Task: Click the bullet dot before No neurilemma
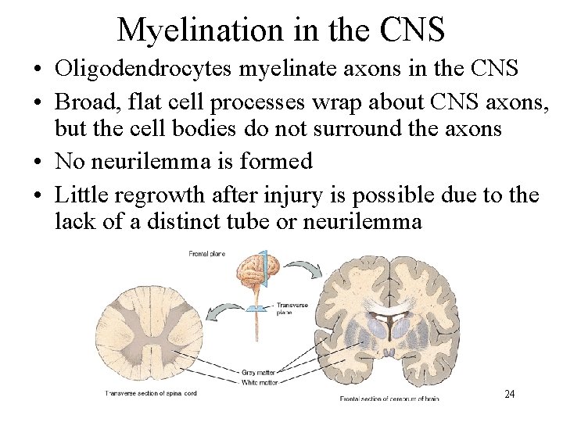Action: click(x=38, y=162)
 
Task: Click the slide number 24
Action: click(x=509, y=395)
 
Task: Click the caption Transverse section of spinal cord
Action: click(x=151, y=393)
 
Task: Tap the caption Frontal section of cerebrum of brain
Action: click(x=389, y=399)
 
